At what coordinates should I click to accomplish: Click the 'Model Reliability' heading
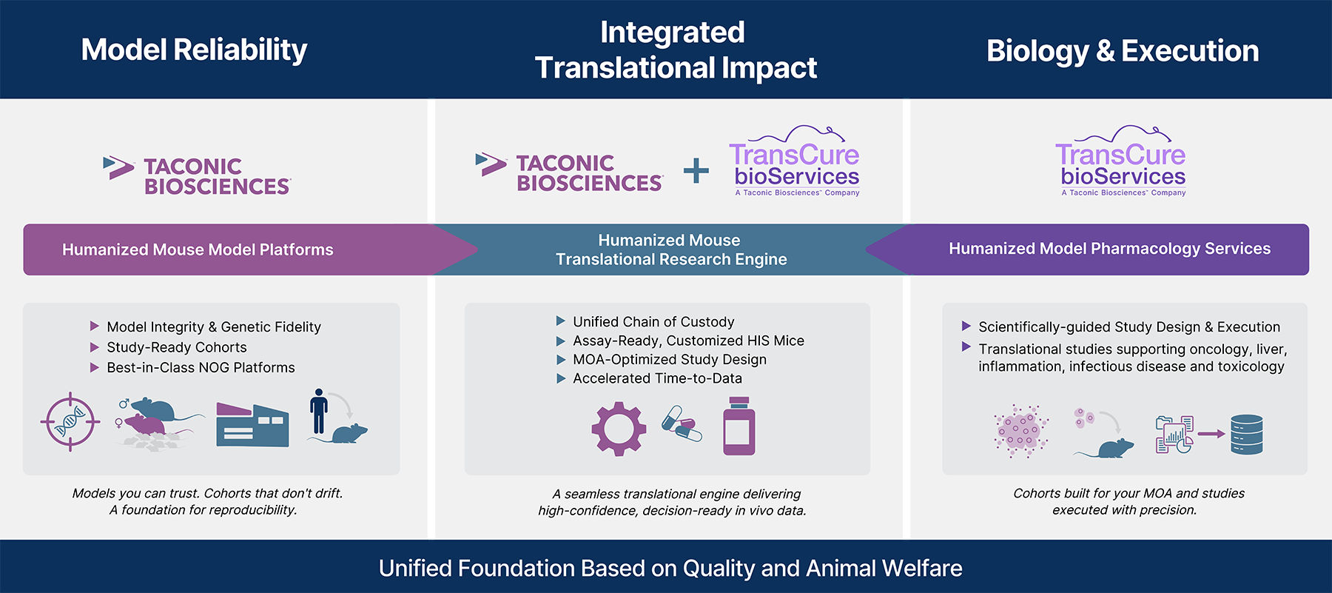click(194, 50)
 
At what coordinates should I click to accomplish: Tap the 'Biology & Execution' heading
click(1122, 50)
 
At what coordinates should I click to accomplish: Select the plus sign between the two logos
click(696, 171)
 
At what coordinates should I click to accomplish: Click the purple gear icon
click(619, 429)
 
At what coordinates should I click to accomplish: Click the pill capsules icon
click(682, 423)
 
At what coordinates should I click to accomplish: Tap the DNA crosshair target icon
click(70, 422)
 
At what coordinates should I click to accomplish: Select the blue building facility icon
click(252, 425)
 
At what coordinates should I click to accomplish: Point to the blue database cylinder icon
click(1246, 435)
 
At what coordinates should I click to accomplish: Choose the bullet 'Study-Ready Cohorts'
click(176, 347)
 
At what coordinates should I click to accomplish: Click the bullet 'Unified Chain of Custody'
click(653, 322)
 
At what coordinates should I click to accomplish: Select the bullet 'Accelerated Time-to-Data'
click(656, 378)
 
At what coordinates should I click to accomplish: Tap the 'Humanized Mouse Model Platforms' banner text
click(198, 249)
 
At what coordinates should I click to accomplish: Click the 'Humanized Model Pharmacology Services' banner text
click(1109, 249)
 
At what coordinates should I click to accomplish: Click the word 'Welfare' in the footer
click(921, 568)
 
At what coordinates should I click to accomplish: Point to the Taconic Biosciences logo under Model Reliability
click(198, 175)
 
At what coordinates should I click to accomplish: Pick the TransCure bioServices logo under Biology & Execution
click(1122, 163)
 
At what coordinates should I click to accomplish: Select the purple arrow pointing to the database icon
click(1211, 434)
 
